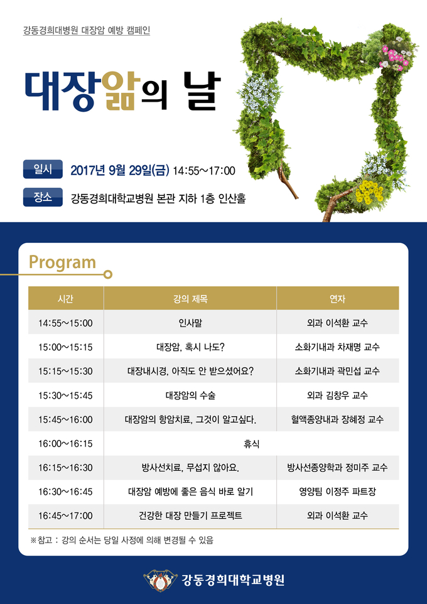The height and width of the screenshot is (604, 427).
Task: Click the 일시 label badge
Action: (43, 169)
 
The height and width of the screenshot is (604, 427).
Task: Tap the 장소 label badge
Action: (43, 197)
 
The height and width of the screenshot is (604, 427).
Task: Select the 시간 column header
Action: (66, 298)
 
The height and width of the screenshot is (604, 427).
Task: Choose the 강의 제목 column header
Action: (190, 298)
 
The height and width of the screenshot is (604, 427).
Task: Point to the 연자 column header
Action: (338, 298)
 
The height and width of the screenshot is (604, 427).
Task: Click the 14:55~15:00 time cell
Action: (65, 323)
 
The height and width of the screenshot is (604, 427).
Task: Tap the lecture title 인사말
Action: (190, 323)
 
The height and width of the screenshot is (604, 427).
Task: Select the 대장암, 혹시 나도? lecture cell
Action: (190, 347)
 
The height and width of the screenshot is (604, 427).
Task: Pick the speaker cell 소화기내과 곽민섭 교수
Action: (338, 371)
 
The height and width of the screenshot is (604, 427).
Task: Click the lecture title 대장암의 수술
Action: (190, 395)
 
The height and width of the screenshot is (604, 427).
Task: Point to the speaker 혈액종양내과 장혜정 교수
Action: (338, 419)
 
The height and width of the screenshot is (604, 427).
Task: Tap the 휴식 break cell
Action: (251, 444)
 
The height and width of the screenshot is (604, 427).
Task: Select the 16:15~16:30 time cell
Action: (65, 468)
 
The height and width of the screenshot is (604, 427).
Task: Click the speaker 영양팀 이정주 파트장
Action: (338, 492)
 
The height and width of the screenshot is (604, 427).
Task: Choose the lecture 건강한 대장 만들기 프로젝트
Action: (190, 516)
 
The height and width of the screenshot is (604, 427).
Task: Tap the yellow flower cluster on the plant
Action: (369, 191)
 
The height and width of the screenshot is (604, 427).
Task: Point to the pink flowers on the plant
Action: (394, 57)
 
